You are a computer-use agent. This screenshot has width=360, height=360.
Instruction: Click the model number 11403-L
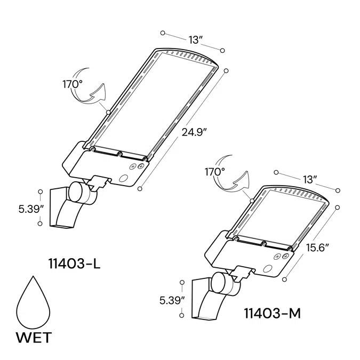point(74,263)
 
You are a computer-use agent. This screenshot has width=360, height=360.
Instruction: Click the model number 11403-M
point(272,313)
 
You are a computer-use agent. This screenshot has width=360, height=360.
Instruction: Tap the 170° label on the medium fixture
point(215,172)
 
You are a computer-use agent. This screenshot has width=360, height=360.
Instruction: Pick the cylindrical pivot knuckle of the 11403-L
point(80,193)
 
